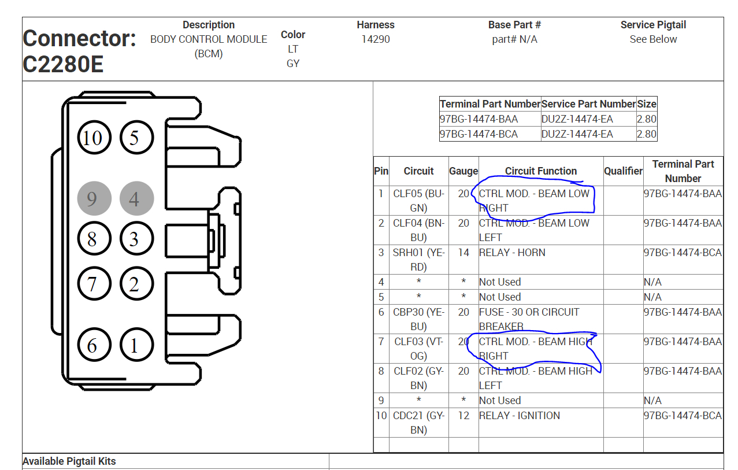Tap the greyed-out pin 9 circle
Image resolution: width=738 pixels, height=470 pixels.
tap(94, 198)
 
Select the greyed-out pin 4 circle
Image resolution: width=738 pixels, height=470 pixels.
tap(137, 198)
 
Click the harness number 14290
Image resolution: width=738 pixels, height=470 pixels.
tap(376, 39)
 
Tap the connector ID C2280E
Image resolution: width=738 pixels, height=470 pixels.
tap(63, 64)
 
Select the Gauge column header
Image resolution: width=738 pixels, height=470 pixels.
tap(463, 171)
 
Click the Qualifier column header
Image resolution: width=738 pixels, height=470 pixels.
tap(624, 171)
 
